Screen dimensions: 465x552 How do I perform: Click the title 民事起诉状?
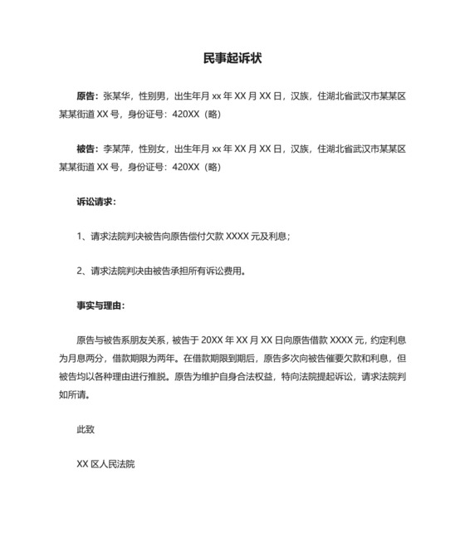point(232,59)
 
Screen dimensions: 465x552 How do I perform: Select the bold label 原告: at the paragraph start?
point(87,96)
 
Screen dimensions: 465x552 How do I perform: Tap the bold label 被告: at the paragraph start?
point(87,149)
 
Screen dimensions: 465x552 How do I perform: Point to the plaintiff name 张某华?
point(117,96)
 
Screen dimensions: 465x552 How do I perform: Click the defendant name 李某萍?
point(117,149)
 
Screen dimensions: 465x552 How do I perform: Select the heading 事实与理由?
point(100,305)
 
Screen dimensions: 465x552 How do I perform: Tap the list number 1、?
point(82,237)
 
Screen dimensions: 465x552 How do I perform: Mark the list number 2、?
point(82,271)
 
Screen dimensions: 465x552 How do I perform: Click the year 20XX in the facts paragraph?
point(213,340)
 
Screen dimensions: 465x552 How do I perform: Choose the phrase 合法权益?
point(285,376)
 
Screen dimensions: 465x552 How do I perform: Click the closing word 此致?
point(86,429)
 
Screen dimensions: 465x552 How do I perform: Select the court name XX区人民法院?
point(105,464)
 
